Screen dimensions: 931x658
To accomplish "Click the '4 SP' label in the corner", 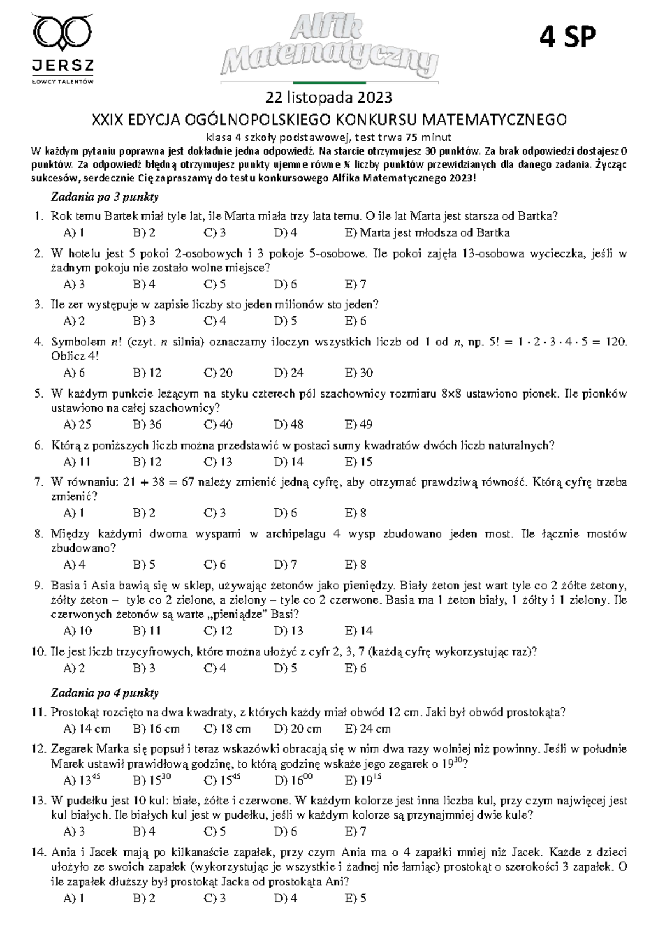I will [567, 37].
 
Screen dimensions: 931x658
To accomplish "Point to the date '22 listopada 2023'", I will [329, 98].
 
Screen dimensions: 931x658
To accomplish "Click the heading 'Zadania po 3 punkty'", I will [105, 196].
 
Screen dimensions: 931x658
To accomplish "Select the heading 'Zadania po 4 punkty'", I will [105, 693].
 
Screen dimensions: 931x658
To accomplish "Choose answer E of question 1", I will [427, 232].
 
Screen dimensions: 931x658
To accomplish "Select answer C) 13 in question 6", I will [218, 462].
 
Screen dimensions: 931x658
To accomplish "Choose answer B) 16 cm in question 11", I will [156, 729].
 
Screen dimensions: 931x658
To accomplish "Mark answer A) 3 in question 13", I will [74, 832].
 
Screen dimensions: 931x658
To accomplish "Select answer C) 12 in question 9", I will [218, 631].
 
